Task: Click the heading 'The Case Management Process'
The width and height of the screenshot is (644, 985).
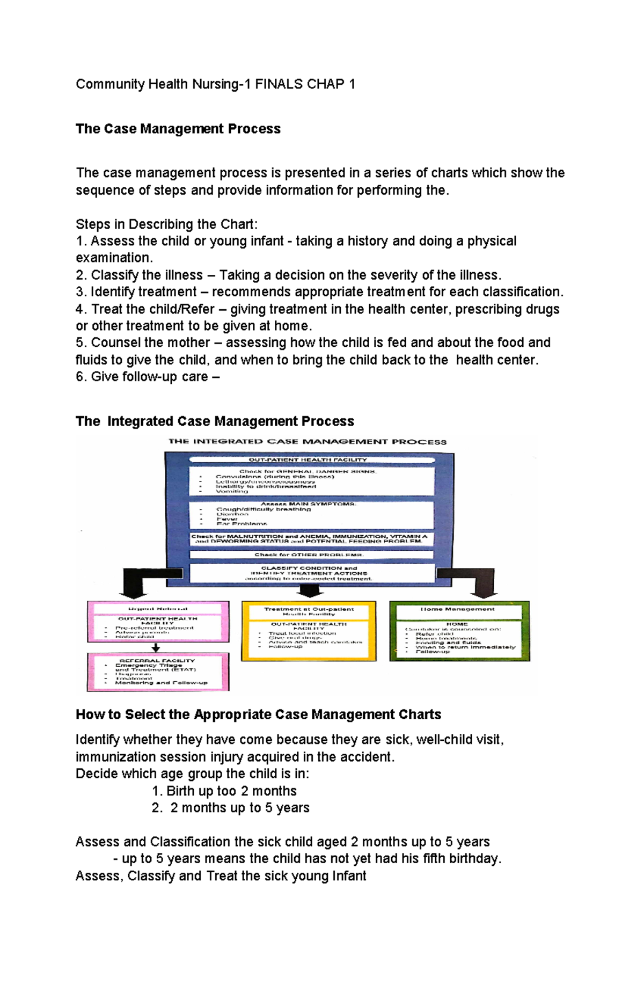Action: (178, 129)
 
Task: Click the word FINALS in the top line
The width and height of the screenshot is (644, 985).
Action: (279, 84)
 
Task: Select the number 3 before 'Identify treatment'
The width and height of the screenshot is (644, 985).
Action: (79, 292)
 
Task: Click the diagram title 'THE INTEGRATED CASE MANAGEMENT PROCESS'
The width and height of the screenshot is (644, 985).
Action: (307, 442)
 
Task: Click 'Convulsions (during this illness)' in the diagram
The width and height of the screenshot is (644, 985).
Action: (275, 477)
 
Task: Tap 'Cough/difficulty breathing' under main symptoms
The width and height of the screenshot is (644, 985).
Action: (264, 509)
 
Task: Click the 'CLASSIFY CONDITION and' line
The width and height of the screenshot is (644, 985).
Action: (309, 568)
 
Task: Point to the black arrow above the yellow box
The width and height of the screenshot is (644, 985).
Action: (310, 590)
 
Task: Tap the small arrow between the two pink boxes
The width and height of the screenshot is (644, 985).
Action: (156, 648)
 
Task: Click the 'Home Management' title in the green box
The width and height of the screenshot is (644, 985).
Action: (457, 609)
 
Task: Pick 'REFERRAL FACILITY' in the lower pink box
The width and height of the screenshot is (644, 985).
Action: (157, 661)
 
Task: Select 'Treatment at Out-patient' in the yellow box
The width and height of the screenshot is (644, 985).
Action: (309, 609)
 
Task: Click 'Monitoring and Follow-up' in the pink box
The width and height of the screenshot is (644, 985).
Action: (161, 683)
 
